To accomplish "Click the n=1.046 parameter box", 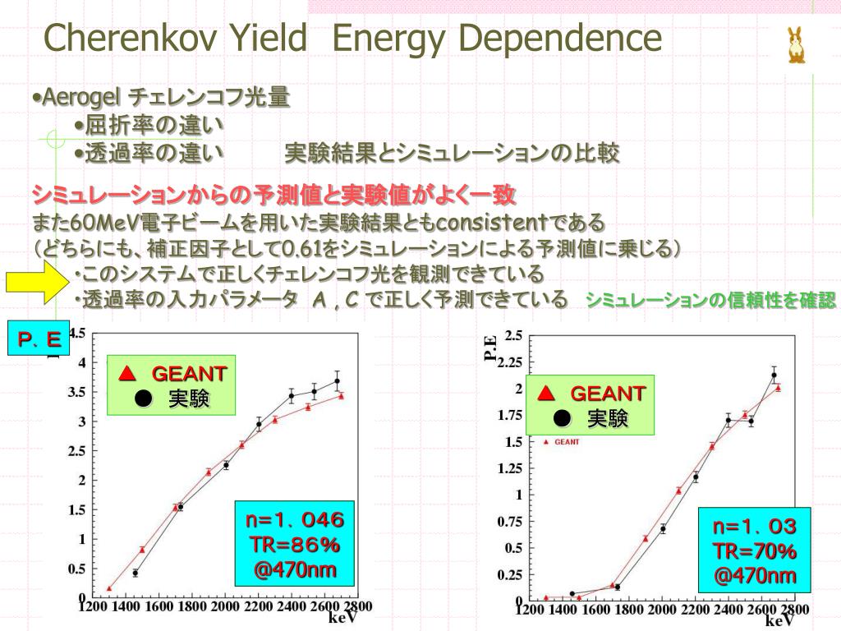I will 295,545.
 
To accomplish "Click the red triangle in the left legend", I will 126,374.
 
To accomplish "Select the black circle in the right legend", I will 562,419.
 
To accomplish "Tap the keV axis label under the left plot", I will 342,617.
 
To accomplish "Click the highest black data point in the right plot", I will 774,375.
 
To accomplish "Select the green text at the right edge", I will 710,300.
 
